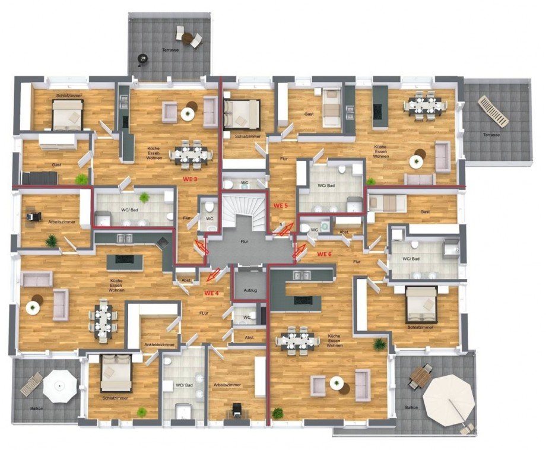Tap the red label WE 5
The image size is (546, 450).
(x=280, y=205)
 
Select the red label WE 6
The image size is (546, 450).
(x=325, y=254)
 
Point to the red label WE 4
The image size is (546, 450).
(x=212, y=293)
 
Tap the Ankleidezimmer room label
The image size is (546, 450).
(x=159, y=344)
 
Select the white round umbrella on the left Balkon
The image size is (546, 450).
(x=60, y=386)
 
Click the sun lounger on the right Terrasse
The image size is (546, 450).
(x=493, y=111)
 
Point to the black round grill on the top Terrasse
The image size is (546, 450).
(x=142, y=58)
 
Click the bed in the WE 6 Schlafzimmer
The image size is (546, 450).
(x=421, y=306)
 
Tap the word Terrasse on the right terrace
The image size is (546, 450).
(x=491, y=135)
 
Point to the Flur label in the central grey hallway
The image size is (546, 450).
(x=244, y=242)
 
